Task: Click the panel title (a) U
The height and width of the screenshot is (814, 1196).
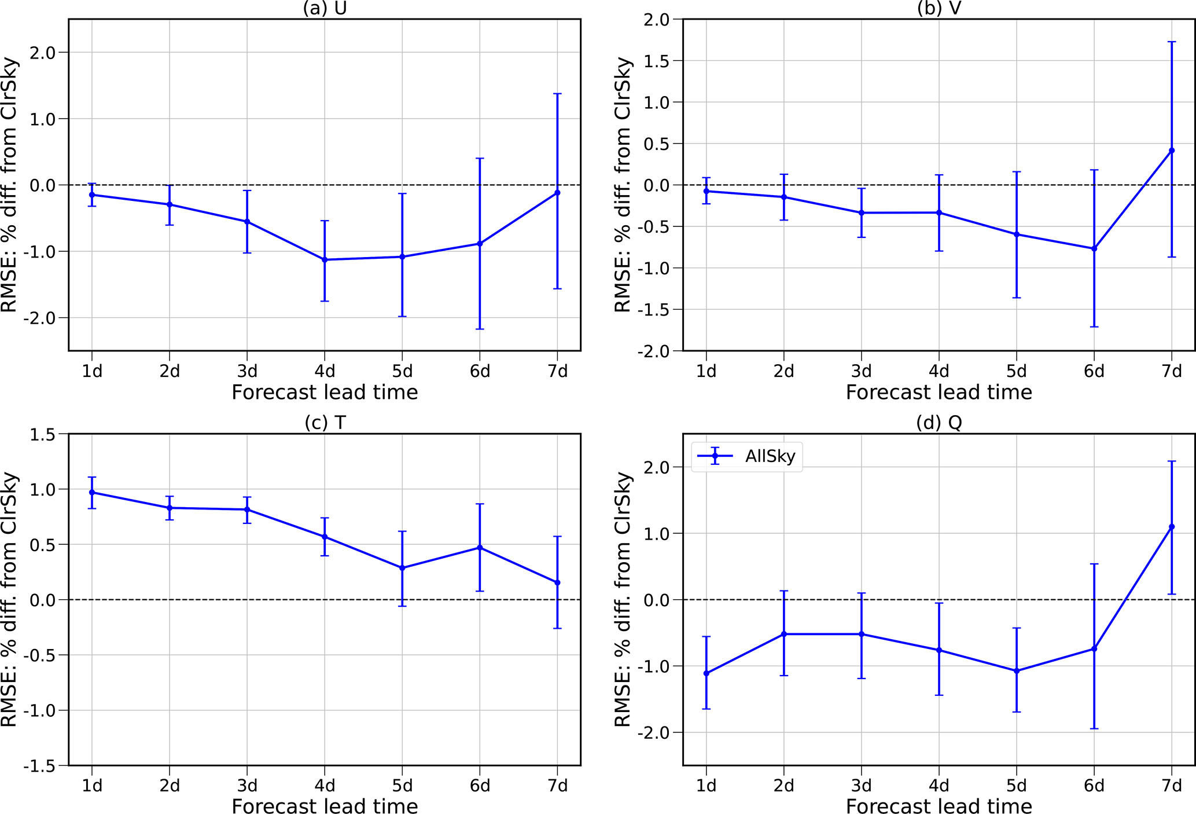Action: [325, 9]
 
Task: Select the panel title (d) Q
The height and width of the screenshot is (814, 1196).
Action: [939, 423]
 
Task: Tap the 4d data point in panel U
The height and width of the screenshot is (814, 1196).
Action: [325, 260]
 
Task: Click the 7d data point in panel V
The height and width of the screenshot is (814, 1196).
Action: [1172, 151]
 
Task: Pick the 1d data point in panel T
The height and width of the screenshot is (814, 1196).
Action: [92, 493]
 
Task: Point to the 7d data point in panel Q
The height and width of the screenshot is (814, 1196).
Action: [1172, 527]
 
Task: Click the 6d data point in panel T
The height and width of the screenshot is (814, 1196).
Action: [480, 548]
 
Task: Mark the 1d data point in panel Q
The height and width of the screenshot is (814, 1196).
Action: [706, 673]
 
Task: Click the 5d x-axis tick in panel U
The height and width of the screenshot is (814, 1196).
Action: [402, 371]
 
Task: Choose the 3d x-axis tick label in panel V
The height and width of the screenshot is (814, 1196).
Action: [861, 371]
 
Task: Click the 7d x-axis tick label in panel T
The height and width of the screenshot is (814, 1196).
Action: [557, 786]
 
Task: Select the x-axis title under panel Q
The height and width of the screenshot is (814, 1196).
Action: [939, 806]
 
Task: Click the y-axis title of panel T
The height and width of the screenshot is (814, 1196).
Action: [10, 600]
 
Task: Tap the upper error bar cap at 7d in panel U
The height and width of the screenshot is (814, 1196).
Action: [557, 94]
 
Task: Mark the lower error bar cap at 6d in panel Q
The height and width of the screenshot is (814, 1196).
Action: [1094, 728]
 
